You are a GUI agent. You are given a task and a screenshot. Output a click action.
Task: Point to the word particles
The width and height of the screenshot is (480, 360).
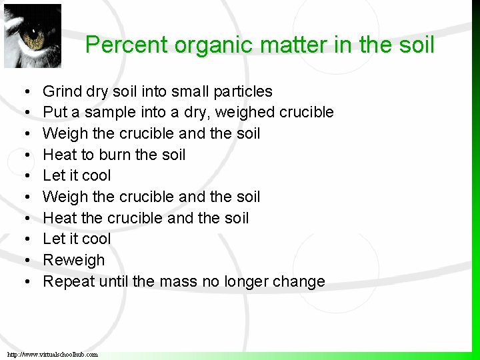243,91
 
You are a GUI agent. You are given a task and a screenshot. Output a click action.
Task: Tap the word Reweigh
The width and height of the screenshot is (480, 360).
74,260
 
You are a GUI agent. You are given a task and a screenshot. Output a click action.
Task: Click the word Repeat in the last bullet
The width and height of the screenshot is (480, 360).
69,281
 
